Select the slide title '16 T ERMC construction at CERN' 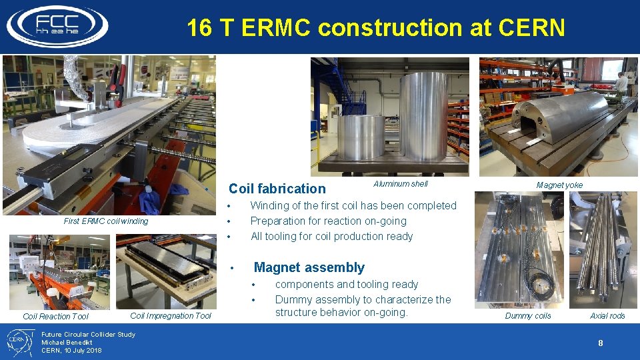click(375, 28)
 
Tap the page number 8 click(600, 343)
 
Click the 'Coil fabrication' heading click(277, 189)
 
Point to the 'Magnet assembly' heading click(309, 267)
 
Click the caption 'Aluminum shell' click(400, 184)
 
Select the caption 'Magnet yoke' click(559, 185)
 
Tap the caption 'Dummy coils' click(527, 315)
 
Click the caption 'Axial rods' click(607, 315)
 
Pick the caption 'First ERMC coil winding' click(105, 221)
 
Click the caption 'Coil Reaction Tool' click(55, 317)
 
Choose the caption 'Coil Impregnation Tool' click(171, 315)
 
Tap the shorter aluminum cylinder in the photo click(361, 137)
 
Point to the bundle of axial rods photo click(603, 247)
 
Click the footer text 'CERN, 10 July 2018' click(71, 350)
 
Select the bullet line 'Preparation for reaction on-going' click(328, 221)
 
